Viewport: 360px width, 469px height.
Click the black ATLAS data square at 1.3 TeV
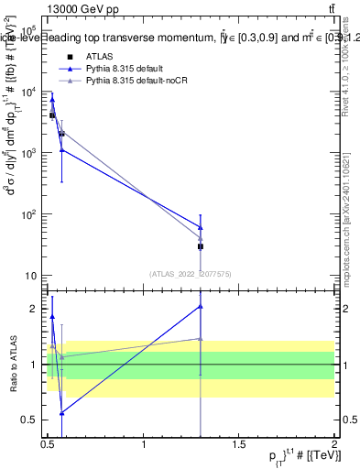point(200,246)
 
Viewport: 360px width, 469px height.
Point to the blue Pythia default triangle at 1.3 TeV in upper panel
point(200,227)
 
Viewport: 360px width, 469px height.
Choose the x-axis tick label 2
point(333,446)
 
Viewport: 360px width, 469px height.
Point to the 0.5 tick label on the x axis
point(49,446)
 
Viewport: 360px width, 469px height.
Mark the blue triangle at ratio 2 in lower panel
point(200,307)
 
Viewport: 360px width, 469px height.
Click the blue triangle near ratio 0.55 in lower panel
point(61,413)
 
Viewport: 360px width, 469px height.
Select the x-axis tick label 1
point(144,446)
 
